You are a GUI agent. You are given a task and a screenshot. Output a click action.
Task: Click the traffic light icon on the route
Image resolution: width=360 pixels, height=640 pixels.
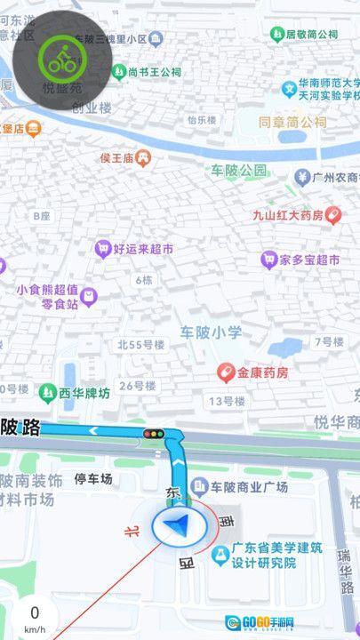155,433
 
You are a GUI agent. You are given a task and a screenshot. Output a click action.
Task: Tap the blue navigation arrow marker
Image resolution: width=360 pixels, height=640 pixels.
180,526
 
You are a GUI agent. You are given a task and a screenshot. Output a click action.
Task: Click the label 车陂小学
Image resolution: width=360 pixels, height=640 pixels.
211,332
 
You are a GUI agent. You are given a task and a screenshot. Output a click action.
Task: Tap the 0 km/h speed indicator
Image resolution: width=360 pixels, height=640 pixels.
34,617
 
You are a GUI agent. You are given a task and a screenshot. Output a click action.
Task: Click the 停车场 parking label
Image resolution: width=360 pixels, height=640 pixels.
93,479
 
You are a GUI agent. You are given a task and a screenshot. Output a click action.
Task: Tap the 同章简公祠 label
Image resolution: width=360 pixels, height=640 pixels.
292,123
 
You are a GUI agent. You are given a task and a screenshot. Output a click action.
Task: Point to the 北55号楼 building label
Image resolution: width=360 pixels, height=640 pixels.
142,344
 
